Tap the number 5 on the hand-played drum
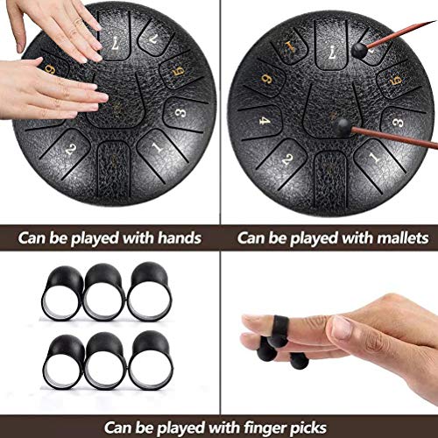176,67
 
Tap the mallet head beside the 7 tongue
358,52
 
